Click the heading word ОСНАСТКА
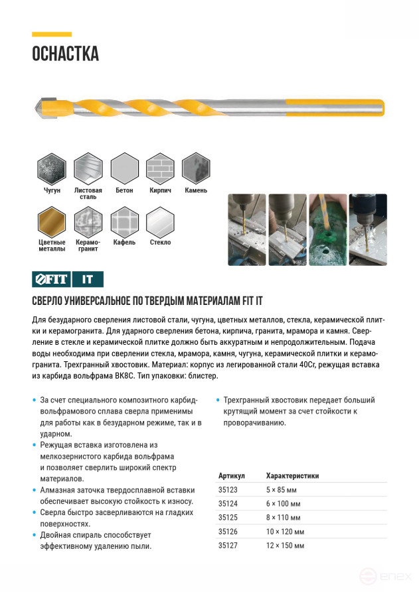65,54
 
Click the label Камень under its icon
196,190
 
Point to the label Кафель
124,243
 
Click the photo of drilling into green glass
327,229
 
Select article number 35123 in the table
227,489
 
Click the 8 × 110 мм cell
283,517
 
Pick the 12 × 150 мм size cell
285,546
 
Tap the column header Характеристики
292,475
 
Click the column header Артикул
231,475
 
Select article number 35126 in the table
227,532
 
